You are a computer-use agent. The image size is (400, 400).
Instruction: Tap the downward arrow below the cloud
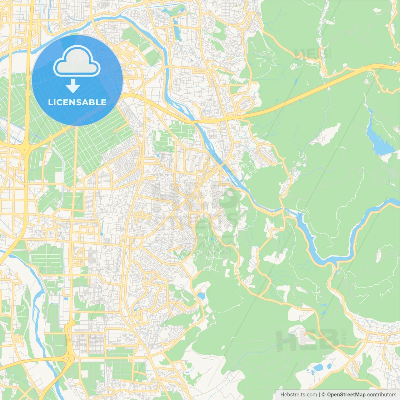coord(73,86)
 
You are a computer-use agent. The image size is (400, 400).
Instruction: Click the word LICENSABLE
coord(77,102)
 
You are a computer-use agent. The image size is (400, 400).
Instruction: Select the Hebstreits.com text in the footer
coord(298,395)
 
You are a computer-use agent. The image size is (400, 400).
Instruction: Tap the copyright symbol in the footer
coord(323,395)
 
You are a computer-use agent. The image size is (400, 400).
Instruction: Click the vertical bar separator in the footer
coord(319,395)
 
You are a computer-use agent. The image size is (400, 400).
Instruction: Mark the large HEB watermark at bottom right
coord(307,340)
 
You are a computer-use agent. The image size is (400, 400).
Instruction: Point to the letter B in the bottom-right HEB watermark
coord(328,340)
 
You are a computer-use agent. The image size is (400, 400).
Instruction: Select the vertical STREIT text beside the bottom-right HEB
coord(344,337)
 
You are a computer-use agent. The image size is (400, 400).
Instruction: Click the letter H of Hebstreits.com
coord(282,395)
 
